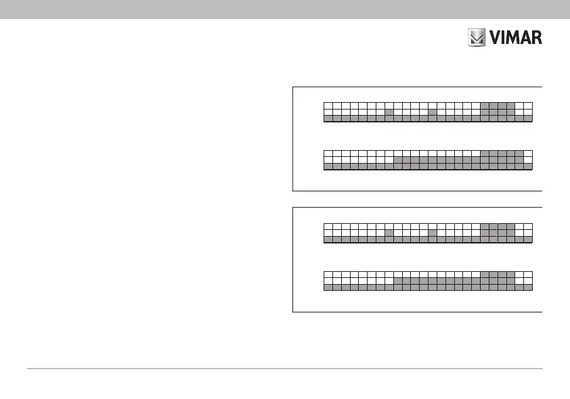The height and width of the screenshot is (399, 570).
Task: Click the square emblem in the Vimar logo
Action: [478, 37]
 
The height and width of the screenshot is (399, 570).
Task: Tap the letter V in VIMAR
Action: [496, 37]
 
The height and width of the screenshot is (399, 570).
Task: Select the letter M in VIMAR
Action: [513, 37]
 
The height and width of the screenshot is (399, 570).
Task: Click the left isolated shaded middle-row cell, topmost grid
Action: [389, 112]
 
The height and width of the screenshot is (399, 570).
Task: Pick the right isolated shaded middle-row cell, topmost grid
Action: [433, 112]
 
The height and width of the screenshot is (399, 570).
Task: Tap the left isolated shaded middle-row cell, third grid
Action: [389, 233]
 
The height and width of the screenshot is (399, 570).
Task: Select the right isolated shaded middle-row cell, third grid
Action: [433, 233]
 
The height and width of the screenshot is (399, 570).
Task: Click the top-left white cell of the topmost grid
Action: [328, 105]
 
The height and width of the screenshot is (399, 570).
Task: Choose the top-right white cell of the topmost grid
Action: [528, 105]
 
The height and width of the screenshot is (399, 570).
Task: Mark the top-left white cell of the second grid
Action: [328, 154]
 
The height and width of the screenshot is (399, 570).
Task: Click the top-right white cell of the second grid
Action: [528, 154]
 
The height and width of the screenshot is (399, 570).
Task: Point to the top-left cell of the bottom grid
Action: [328, 274]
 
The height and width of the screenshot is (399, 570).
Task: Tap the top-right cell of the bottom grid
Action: [528, 274]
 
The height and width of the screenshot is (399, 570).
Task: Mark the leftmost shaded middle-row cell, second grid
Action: [398, 160]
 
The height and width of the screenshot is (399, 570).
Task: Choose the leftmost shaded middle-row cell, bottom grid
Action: [398, 280]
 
